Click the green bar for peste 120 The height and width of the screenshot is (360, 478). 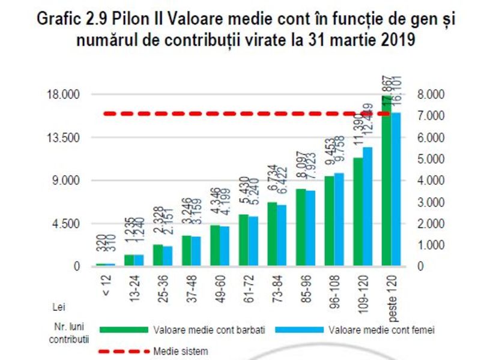pos(386,180)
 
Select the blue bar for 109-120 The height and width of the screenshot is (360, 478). pos(368,207)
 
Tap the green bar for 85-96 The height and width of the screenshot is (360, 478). pos(301,228)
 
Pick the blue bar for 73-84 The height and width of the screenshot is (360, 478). pos(282,236)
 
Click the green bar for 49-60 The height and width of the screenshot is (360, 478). pos(215,246)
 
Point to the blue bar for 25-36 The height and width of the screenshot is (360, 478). pos(167,256)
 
